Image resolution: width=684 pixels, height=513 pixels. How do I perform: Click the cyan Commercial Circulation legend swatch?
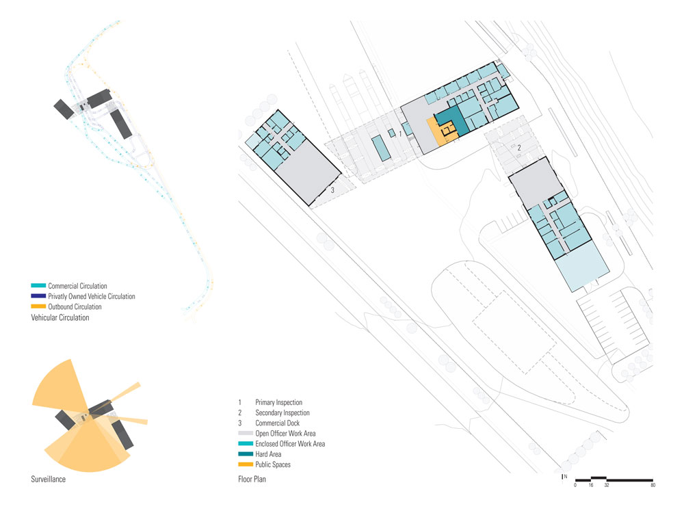point(38,286)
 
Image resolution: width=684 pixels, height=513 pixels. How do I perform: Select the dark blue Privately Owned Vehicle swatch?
point(38,296)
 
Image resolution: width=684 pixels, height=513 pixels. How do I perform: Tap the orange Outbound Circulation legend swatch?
point(38,306)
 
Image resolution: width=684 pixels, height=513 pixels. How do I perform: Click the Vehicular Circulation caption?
point(60,317)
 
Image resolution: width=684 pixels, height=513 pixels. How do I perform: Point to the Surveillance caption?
point(48,479)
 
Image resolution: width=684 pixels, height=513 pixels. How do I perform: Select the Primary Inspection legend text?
point(278,402)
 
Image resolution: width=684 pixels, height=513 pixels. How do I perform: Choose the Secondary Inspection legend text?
point(282,413)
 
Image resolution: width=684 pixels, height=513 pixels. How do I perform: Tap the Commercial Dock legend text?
point(278,423)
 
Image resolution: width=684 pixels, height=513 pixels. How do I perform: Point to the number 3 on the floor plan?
point(332,190)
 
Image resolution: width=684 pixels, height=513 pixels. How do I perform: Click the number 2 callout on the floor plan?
point(519,148)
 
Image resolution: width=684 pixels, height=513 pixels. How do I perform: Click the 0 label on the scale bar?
point(575,486)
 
